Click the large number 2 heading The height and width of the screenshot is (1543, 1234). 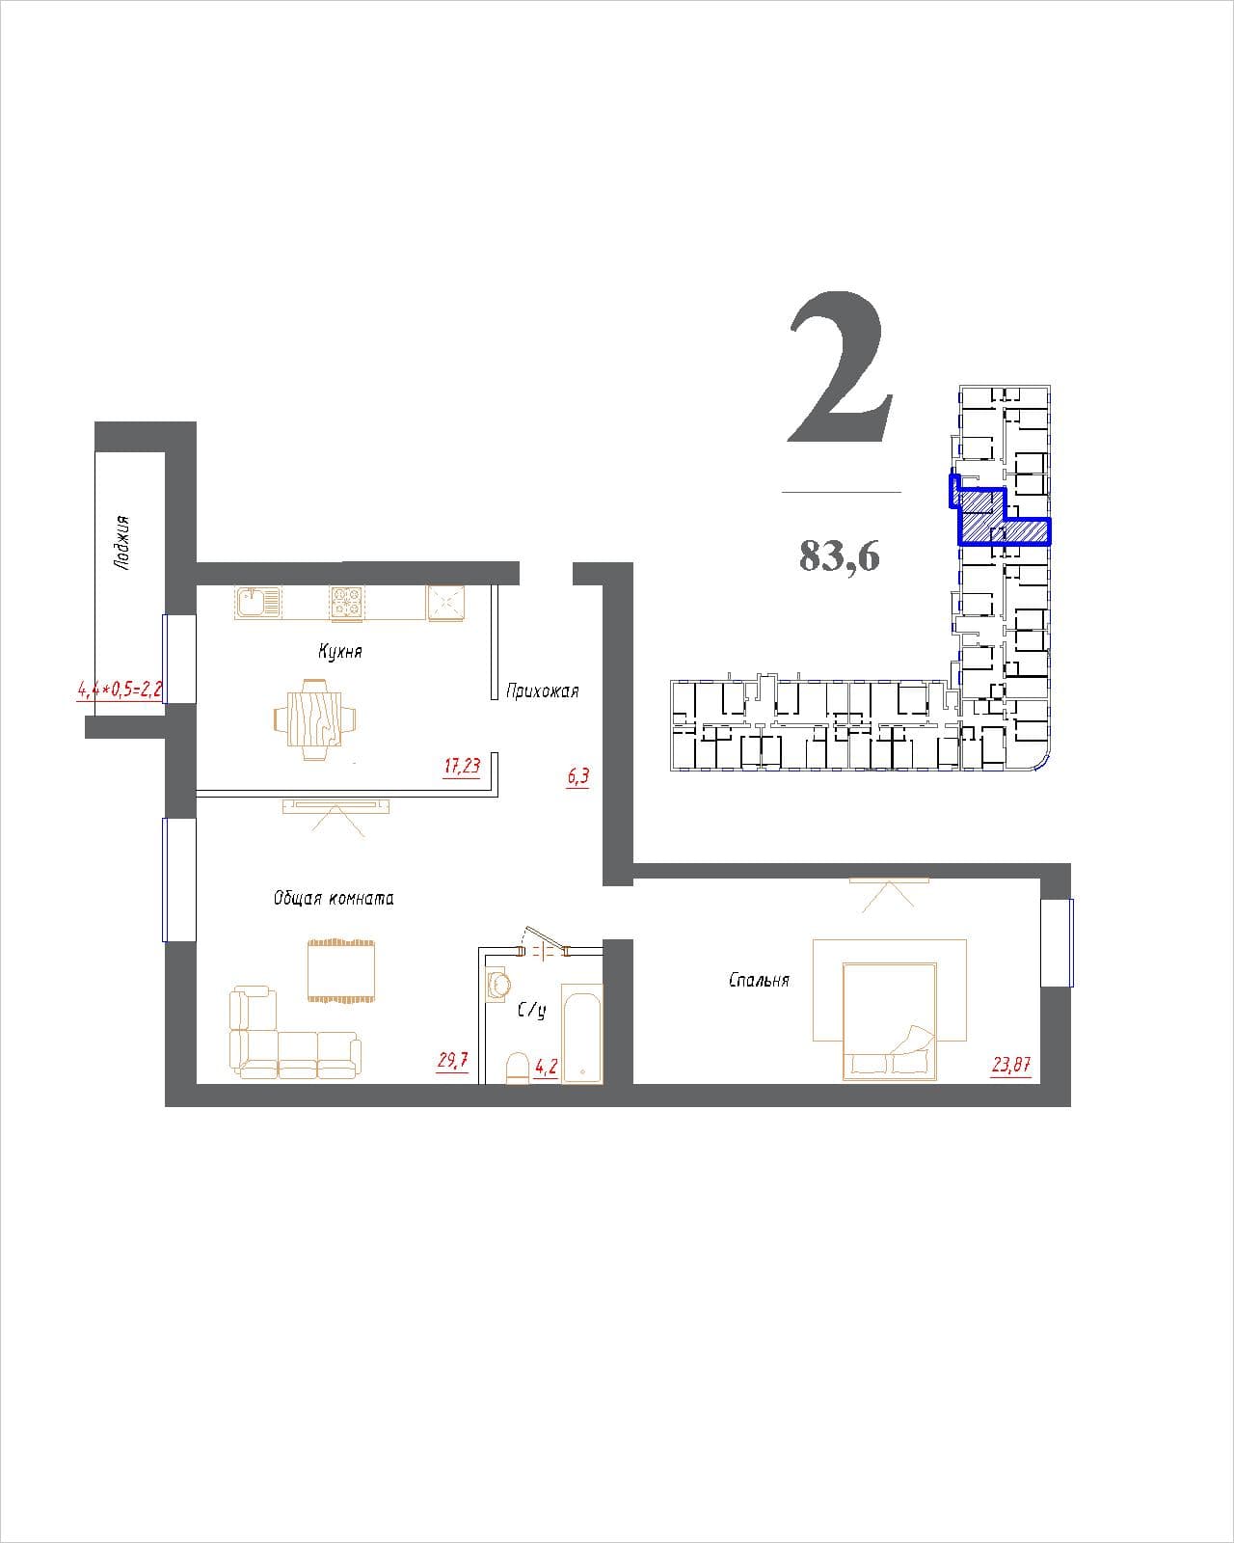(841, 367)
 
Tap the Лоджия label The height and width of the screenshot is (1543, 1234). (122, 542)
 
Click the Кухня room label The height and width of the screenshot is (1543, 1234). (340, 652)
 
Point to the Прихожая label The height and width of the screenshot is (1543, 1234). (542, 691)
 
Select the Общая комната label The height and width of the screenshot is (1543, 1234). (334, 899)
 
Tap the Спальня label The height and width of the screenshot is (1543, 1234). (759, 980)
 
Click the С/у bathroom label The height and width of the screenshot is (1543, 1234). (532, 1011)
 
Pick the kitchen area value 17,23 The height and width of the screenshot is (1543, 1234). (462, 766)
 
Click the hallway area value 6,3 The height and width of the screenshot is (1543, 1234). (577, 776)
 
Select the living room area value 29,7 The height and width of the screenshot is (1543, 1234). (452, 1060)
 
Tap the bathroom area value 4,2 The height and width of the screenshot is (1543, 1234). (546, 1068)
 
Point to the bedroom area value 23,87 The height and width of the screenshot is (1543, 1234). (1011, 1065)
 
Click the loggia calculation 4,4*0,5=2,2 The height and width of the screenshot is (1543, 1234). (120, 690)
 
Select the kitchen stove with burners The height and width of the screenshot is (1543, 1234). (347, 603)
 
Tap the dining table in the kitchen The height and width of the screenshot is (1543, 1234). (315, 719)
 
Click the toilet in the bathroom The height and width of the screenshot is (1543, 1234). (517, 1069)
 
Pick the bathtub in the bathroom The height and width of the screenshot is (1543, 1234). (582, 1034)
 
